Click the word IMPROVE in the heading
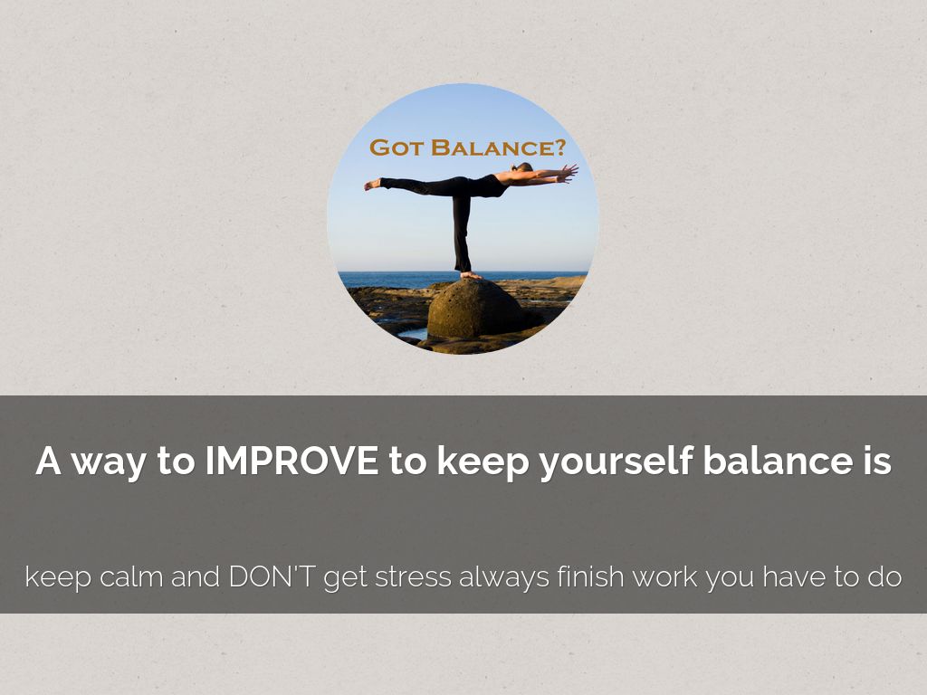291,461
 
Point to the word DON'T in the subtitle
272,576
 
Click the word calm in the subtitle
131,576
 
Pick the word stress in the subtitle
413,577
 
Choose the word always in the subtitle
504,577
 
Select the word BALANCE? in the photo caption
499,148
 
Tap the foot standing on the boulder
471,275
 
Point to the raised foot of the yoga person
372,185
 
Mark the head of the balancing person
523,167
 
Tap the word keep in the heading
483,462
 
